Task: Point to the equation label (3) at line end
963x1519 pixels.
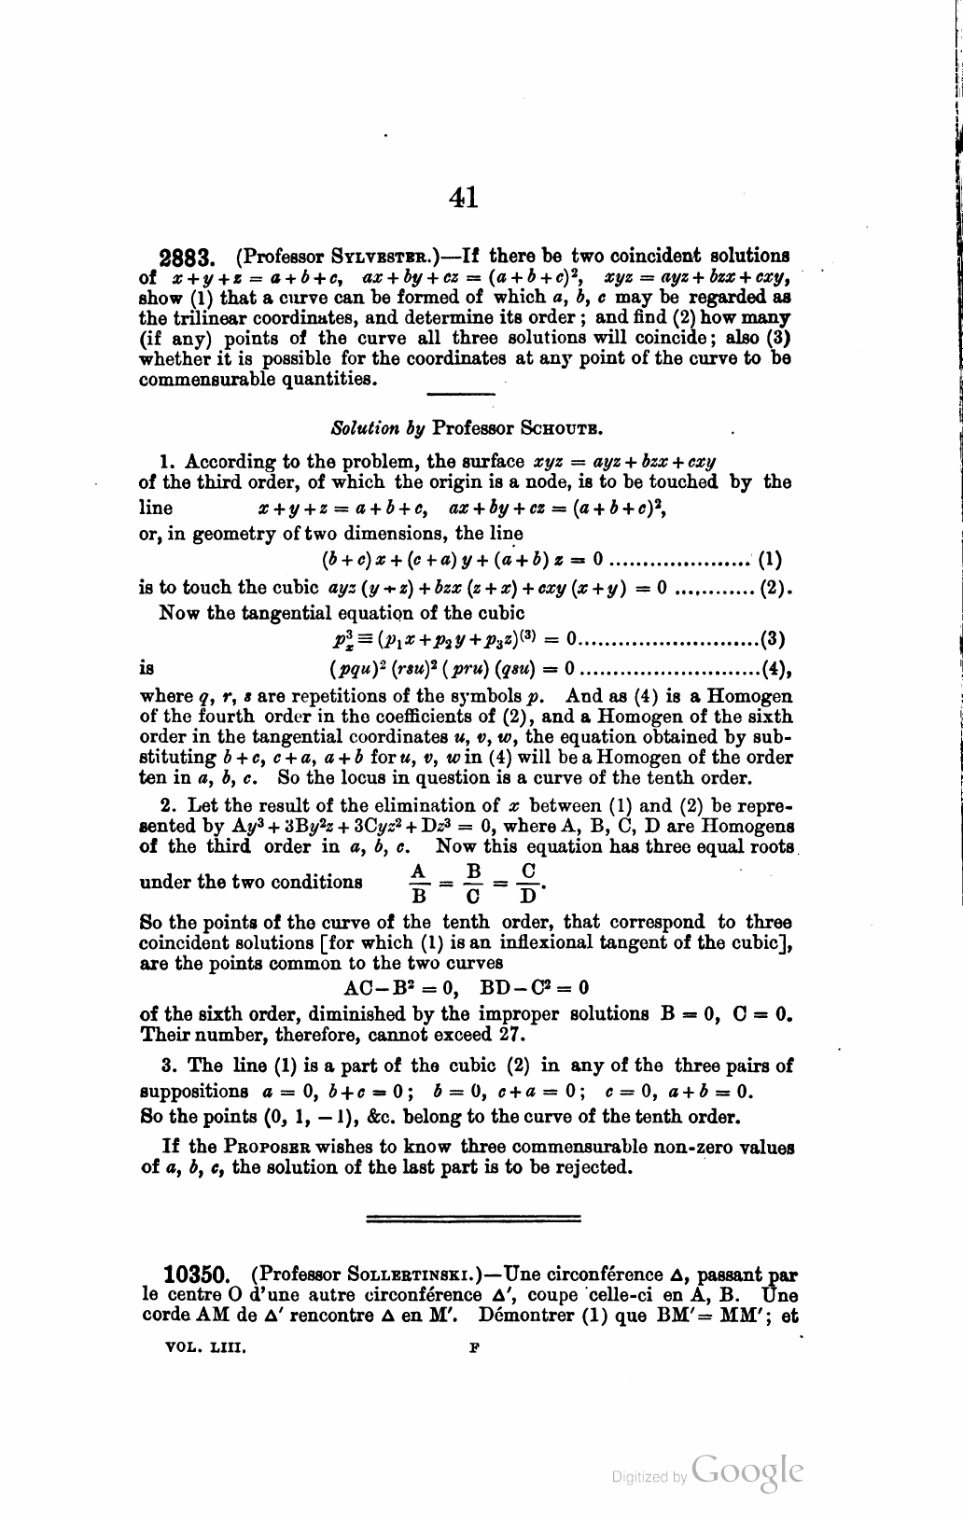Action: [x=771, y=639]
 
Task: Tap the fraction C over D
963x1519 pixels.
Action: [x=528, y=882]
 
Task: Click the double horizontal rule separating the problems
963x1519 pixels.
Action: [x=474, y=1218]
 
